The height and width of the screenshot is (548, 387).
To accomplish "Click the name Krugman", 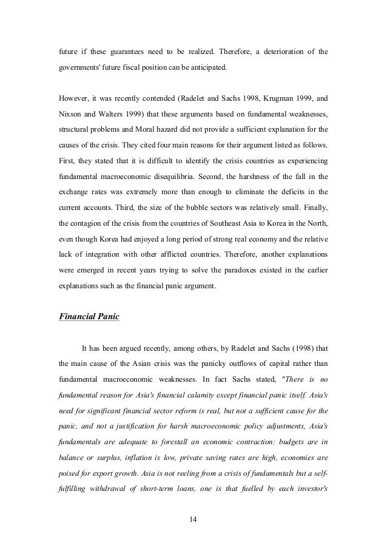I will pos(279,99).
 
